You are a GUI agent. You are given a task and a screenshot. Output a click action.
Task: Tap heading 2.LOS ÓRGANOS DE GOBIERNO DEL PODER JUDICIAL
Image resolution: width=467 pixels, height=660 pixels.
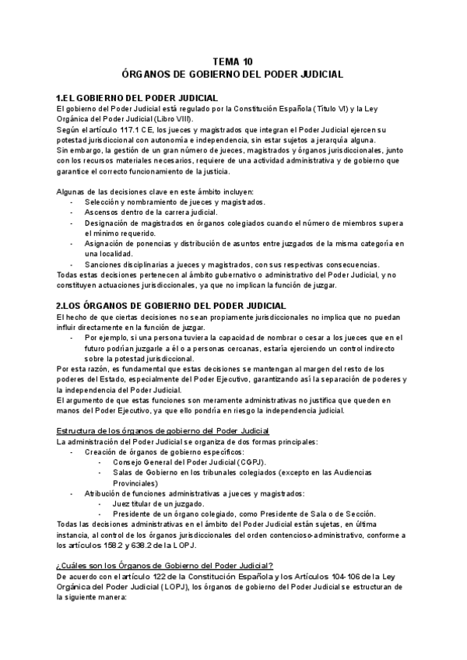pyautogui.click(x=171, y=305)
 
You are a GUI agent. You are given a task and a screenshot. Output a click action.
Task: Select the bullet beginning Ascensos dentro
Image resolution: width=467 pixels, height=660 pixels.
pyautogui.click(x=151, y=212)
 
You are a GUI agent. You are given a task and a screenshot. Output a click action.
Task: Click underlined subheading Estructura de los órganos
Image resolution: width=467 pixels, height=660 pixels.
pyautogui.click(x=163, y=431)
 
